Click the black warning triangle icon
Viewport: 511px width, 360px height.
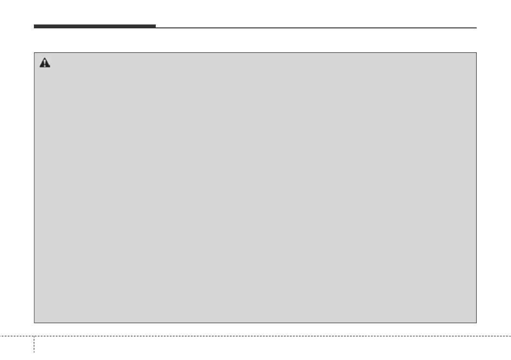[45, 63]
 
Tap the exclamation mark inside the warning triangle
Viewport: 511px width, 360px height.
[45, 64]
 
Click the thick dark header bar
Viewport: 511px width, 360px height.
[94, 26]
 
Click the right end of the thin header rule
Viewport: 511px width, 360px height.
[476, 28]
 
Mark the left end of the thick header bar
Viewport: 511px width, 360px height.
[34, 26]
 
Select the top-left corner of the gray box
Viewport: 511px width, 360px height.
[34, 53]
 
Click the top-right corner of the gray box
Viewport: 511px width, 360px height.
[477, 53]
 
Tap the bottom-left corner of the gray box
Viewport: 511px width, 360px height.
[34, 323]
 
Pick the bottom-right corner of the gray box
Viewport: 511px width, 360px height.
[477, 323]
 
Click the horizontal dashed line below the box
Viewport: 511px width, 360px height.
[257, 336]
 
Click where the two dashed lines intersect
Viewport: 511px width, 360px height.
[34, 336]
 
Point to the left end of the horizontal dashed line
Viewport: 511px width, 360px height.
[1, 336]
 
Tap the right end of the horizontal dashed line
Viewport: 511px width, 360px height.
[510, 336]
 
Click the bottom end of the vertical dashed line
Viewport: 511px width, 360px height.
[34, 359]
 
